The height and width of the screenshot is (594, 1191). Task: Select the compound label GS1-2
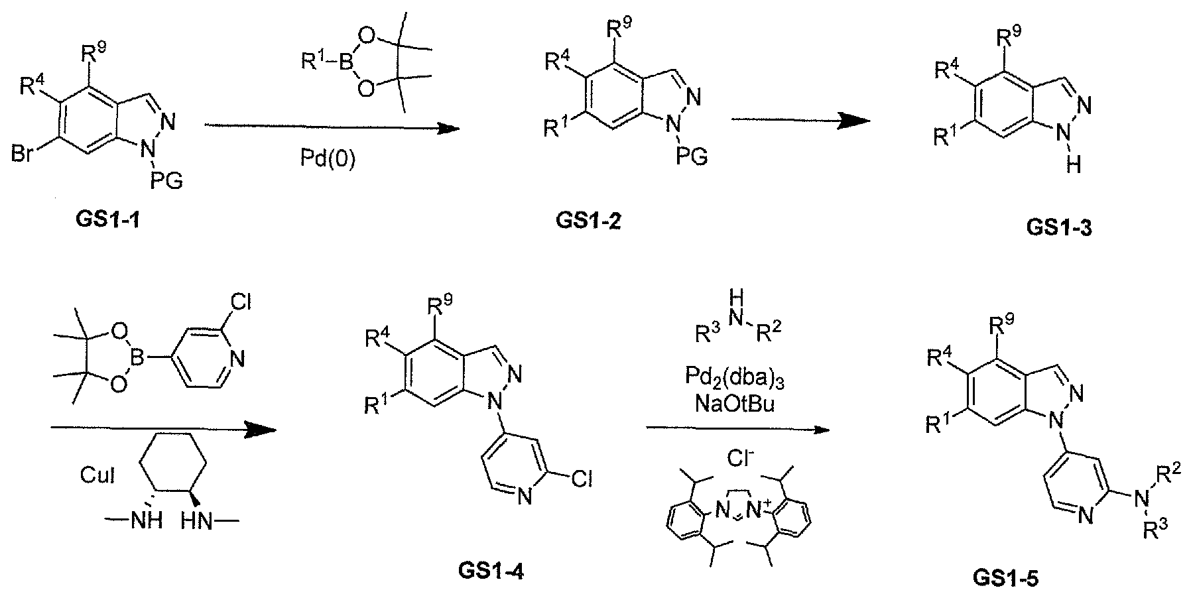(x=589, y=221)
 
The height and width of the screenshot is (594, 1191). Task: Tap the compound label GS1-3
(x=1059, y=229)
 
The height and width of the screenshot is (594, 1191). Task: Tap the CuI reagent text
(x=97, y=476)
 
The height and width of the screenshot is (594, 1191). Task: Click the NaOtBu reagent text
(x=735, y=404)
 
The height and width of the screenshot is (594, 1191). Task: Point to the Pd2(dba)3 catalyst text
(x=735, y=380)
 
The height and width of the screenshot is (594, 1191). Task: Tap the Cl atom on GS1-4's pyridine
(x=580, y=479)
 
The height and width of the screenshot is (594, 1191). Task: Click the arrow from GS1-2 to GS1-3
(x=800, y=119)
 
